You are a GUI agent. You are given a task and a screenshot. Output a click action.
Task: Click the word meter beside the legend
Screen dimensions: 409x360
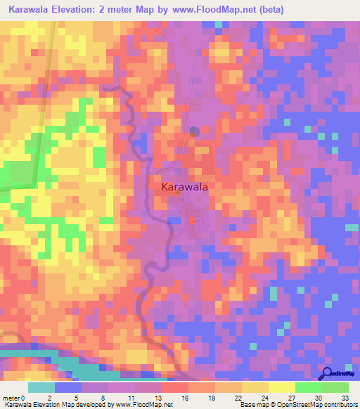tap(11, 398)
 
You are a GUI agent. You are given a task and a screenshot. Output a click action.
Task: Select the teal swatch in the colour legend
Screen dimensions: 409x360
tap(41, 387)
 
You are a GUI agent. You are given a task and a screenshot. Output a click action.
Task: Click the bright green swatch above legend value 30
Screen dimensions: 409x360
tap(308, 387)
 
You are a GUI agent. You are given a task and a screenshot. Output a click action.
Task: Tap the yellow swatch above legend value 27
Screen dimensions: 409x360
tap(282, 387)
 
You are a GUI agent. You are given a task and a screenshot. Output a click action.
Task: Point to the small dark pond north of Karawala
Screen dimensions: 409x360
tap(195, 130)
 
